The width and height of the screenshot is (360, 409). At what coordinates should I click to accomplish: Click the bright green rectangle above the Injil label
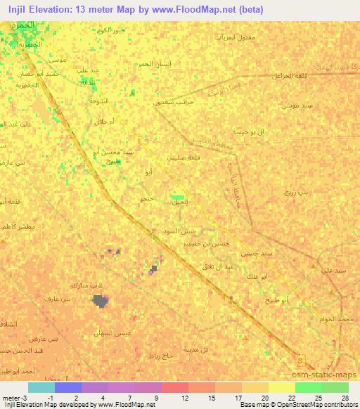coord(179,197)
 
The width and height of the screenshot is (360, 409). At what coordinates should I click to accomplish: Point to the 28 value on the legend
coord(345,397)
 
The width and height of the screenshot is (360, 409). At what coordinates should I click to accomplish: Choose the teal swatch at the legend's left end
coord(41,387)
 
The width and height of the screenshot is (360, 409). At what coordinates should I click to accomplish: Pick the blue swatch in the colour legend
coord(68,387)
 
